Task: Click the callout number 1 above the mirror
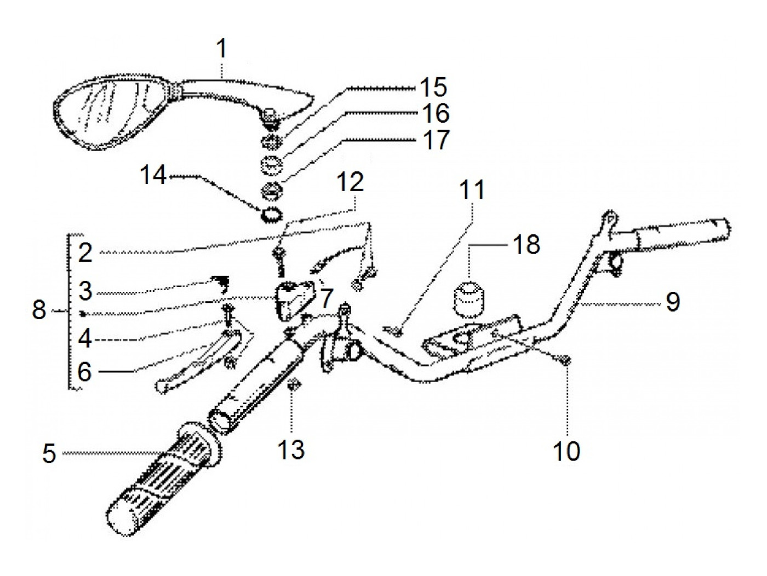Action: click(221, 49)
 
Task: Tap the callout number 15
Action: click(433, 87)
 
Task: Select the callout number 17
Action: click(436, 140)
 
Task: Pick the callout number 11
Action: click(472, 191)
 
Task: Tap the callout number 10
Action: click(566, 451)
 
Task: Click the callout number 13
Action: click(290, 450)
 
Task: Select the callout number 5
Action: click(49, 454)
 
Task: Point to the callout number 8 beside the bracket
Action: click(39, 311)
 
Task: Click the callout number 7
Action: click(325, 299)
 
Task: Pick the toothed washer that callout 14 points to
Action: click(272, 214)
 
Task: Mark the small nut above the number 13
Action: click(291, 385)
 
